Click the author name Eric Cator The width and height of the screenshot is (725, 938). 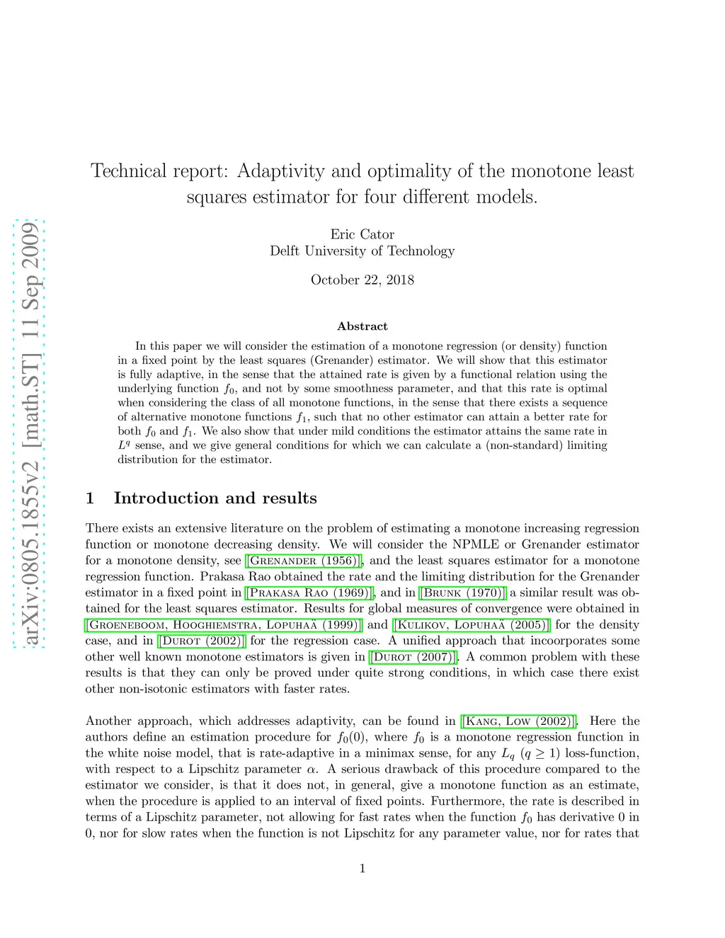point(362,234)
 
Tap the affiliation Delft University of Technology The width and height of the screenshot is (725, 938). point(362,251)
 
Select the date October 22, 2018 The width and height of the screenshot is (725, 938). point(362,280)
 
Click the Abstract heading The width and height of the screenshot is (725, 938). point(362,326)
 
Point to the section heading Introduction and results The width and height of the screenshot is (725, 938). point(215,498)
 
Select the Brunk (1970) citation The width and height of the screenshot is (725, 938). point(463,593)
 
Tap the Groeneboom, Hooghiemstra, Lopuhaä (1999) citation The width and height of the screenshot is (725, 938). point(224,625)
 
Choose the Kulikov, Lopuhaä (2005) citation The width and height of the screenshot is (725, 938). point(471,625)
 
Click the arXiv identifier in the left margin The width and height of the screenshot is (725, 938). point(29,434)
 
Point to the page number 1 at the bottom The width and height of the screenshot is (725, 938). point(362,869)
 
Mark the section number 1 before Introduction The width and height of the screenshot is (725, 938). point(90,498)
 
